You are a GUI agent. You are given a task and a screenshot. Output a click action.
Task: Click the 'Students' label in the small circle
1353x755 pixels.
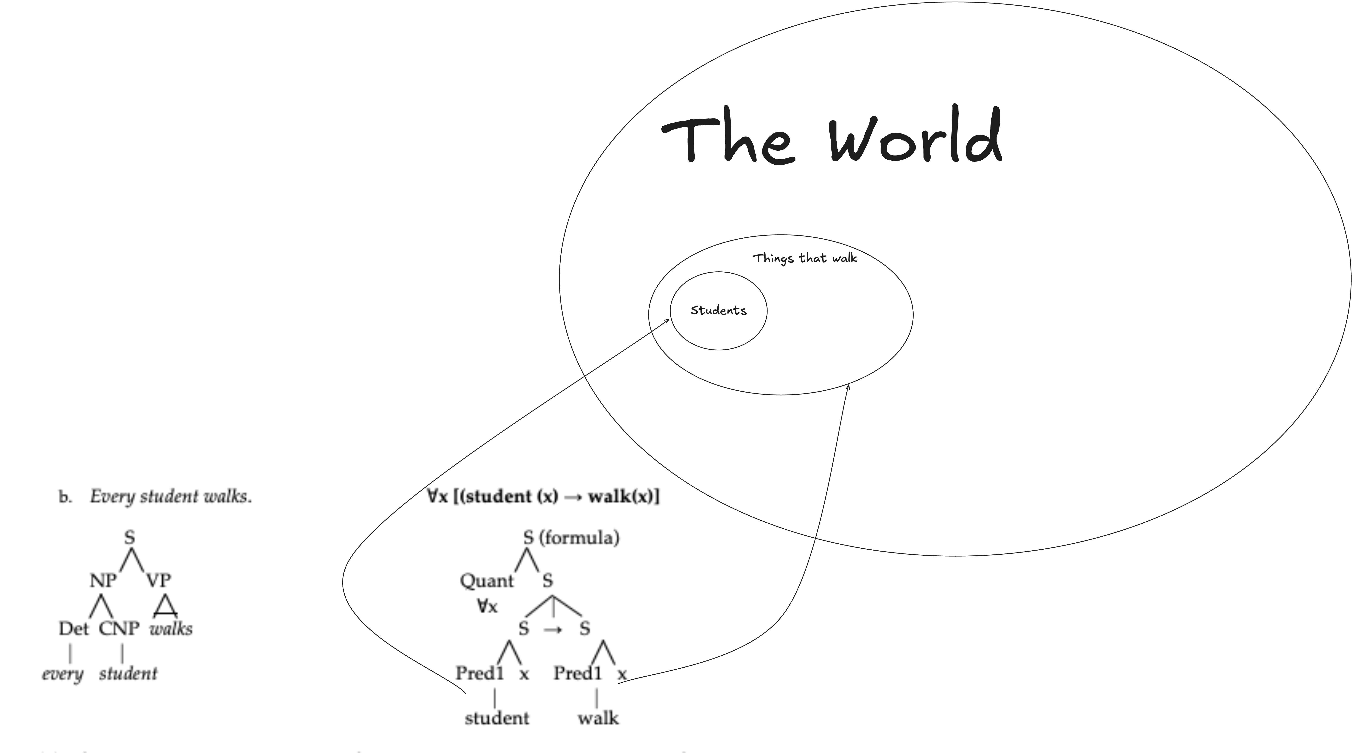[x=718, y=310]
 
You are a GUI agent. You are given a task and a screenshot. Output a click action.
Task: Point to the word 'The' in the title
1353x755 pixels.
[x=727, y=138]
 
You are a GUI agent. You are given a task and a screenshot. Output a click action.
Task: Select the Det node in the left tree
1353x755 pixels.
[x=74, y=628]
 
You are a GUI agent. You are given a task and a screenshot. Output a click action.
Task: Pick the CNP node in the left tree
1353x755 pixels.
[x=119, y=628]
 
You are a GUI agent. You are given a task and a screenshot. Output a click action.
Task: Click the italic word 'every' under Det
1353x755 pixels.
[x=63, y=674]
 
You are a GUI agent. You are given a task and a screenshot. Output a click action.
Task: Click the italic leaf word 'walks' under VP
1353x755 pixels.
[x=171, y=628]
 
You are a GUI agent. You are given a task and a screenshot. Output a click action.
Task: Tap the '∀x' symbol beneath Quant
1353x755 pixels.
[x=487, y=606]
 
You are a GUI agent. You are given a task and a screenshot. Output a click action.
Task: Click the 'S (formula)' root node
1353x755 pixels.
[x=571, y=538]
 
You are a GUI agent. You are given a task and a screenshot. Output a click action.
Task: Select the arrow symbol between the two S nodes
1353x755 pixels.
[x=553, y=629]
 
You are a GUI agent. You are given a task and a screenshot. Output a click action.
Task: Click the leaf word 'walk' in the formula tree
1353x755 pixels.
[x=598, y=718]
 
